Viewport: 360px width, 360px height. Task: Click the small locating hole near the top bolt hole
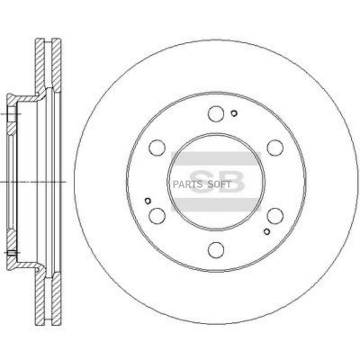coord(234,113)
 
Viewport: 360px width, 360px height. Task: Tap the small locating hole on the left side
coord(148,201)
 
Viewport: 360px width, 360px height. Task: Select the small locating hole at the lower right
coord(267,232)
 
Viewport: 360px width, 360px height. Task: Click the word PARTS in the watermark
coord(188,184)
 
